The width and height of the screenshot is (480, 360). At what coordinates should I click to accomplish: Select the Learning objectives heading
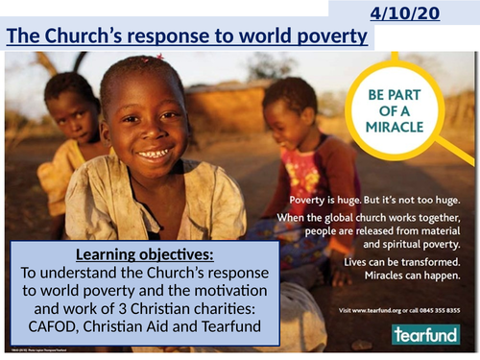click(141, 255)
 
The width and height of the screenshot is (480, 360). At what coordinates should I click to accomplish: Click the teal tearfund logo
click(424, 333)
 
